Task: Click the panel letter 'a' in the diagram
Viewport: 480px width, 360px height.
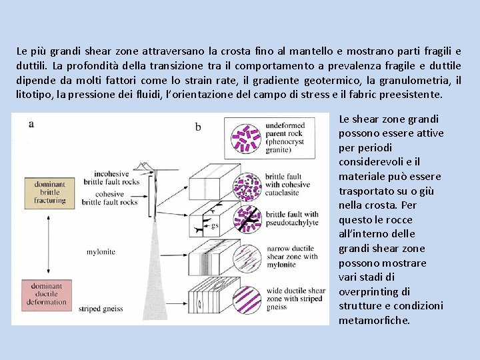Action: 31,123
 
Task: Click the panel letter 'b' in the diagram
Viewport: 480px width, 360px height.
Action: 198,127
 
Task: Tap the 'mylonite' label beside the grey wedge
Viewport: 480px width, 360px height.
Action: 101,252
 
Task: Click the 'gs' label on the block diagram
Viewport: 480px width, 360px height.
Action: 215,225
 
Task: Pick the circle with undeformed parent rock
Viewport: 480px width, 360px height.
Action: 245,138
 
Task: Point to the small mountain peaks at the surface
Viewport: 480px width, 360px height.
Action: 142,165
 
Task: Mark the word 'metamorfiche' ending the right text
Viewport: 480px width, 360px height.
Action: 373,321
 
